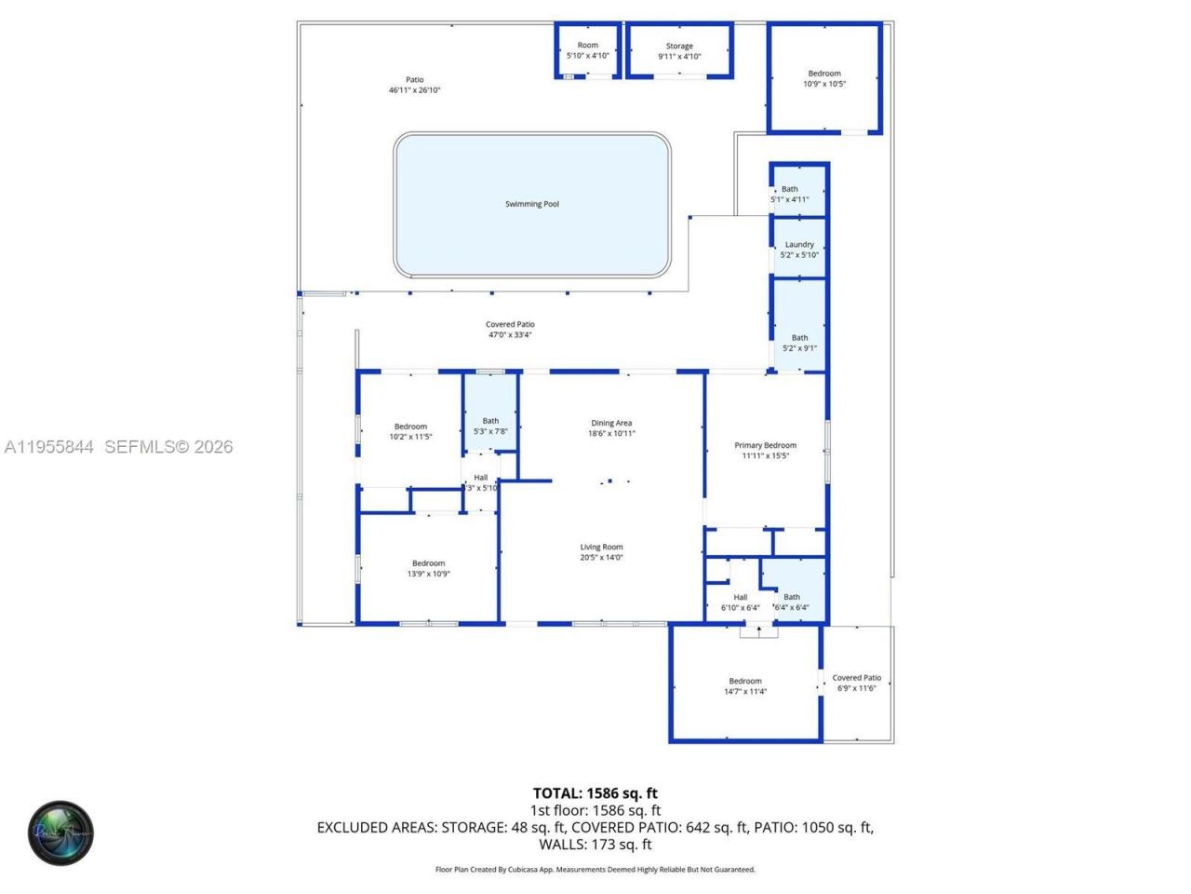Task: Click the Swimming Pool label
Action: coord(531,204)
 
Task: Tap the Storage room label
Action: coord(679,46)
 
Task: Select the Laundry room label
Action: coord(799,245)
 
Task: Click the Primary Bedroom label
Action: coord(765,445)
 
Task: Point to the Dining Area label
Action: coord(611,423)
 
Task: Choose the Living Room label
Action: coord(601,548)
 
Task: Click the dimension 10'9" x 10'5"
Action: coord(824,84)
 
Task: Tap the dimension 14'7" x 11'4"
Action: coord(744,692)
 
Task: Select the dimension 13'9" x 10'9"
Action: coord(428,574)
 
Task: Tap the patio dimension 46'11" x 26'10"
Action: coord(414,90)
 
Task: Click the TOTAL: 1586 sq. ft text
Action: coord(595,793)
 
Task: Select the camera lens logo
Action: coord(60,833)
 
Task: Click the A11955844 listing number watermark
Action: coord(49,447)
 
